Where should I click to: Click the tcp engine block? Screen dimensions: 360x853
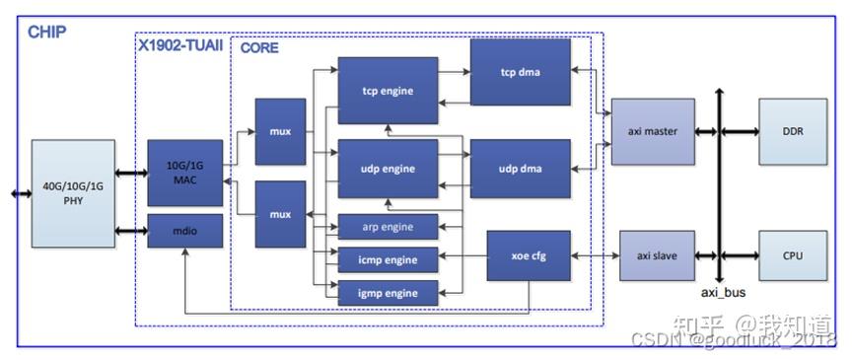388,91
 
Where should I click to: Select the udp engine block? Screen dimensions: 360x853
388,169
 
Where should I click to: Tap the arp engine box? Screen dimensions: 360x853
388,227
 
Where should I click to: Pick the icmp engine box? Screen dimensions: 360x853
388,259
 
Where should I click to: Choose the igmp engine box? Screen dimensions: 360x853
388,292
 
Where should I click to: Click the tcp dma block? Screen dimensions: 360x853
520,72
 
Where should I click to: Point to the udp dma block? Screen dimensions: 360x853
520,169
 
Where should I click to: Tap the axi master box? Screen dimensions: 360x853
652,131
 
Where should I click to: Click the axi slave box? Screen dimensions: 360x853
652,256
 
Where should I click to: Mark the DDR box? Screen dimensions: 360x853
792,131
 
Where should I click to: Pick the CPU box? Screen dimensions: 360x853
792,256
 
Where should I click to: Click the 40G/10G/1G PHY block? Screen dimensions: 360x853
73,193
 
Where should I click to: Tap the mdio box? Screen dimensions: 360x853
184,231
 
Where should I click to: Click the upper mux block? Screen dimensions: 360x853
280,131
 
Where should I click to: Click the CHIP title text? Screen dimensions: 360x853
46,33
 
